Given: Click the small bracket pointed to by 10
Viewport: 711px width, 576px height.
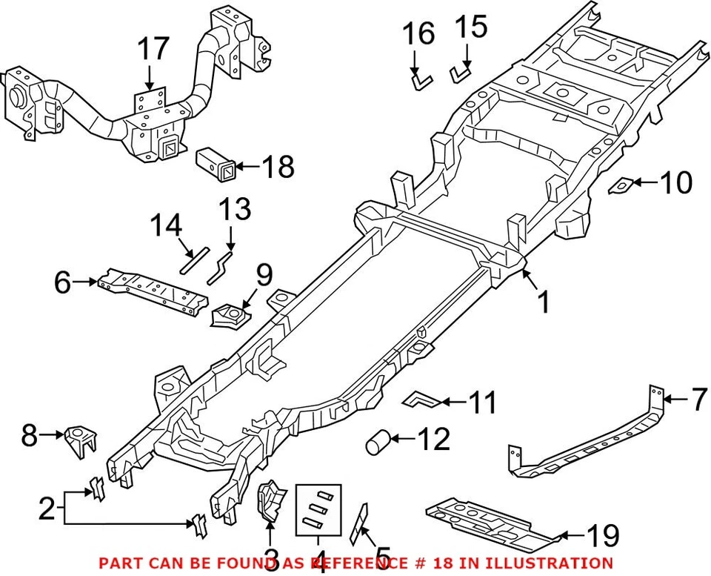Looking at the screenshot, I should pyautogui.click(x=621, y=185).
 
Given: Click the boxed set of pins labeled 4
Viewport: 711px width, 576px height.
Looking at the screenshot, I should pyautogui.click(x=318, y=509).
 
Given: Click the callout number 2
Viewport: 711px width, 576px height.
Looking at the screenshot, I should pyautogui.click(x=47, y=509).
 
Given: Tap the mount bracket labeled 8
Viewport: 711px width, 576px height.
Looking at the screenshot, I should pyautogui.click(x=81, y=440).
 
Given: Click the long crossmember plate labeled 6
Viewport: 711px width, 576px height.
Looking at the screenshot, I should pyautogui.click(x=152, y=294).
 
